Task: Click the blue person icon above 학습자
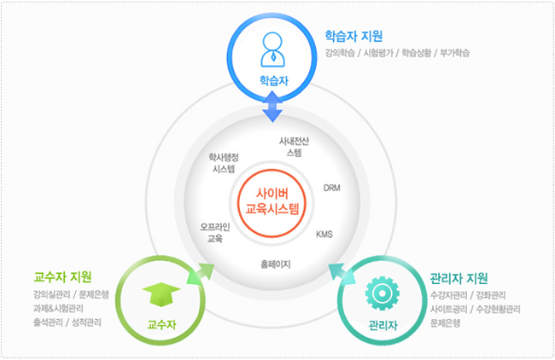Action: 272,49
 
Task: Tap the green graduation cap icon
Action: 161,293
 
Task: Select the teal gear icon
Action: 383,293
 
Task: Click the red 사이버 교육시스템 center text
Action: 272,201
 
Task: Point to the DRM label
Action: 332,188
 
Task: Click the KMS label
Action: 324,234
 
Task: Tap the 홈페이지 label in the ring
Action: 276,264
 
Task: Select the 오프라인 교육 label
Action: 215,233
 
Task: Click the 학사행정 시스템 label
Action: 224,163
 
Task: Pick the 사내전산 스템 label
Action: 294,147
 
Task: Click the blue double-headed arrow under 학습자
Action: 272,107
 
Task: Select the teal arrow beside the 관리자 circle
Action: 342,274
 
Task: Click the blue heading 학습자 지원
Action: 353,36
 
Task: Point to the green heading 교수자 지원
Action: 62,277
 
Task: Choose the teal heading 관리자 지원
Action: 459,278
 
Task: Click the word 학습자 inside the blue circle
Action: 274,81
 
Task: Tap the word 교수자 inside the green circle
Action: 161,324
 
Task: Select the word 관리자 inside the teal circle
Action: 383,325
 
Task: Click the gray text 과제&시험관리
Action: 58,308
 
